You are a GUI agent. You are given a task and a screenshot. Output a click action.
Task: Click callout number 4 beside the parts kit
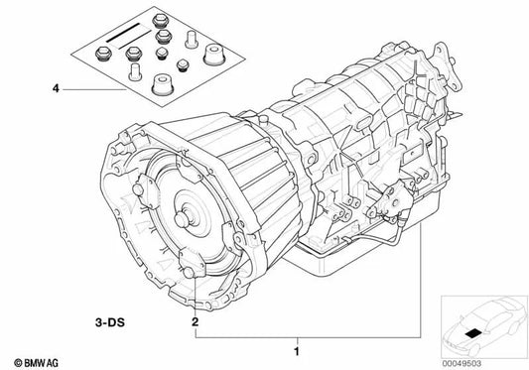pos(57,89)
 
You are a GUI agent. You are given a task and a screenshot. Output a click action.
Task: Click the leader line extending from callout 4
pos(94,89)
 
